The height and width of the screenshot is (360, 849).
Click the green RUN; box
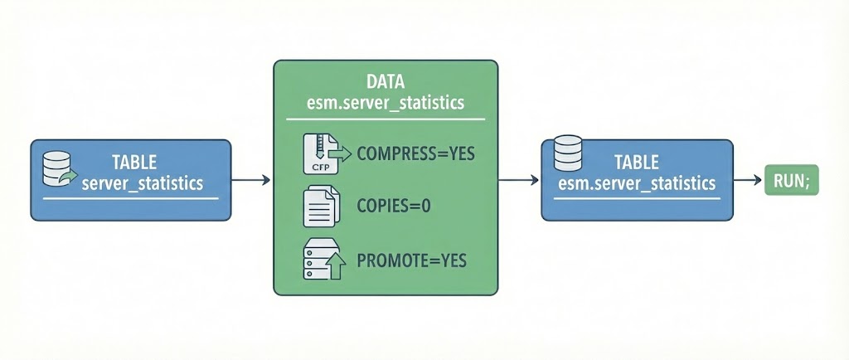[790, 179]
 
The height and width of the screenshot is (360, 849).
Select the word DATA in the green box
[386, 83]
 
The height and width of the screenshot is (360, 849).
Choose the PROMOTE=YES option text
[411, 260]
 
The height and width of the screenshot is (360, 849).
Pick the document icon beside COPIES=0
[319, 207]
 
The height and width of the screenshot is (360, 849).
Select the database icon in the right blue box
[568, 153]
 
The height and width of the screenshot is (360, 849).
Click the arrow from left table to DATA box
[251, 179]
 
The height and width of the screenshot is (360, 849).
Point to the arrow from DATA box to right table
[521, 179]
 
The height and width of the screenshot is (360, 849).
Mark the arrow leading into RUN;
[749, 179]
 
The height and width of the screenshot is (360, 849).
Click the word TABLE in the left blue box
[133, 163]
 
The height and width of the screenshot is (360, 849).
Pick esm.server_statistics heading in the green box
[386, 105]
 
